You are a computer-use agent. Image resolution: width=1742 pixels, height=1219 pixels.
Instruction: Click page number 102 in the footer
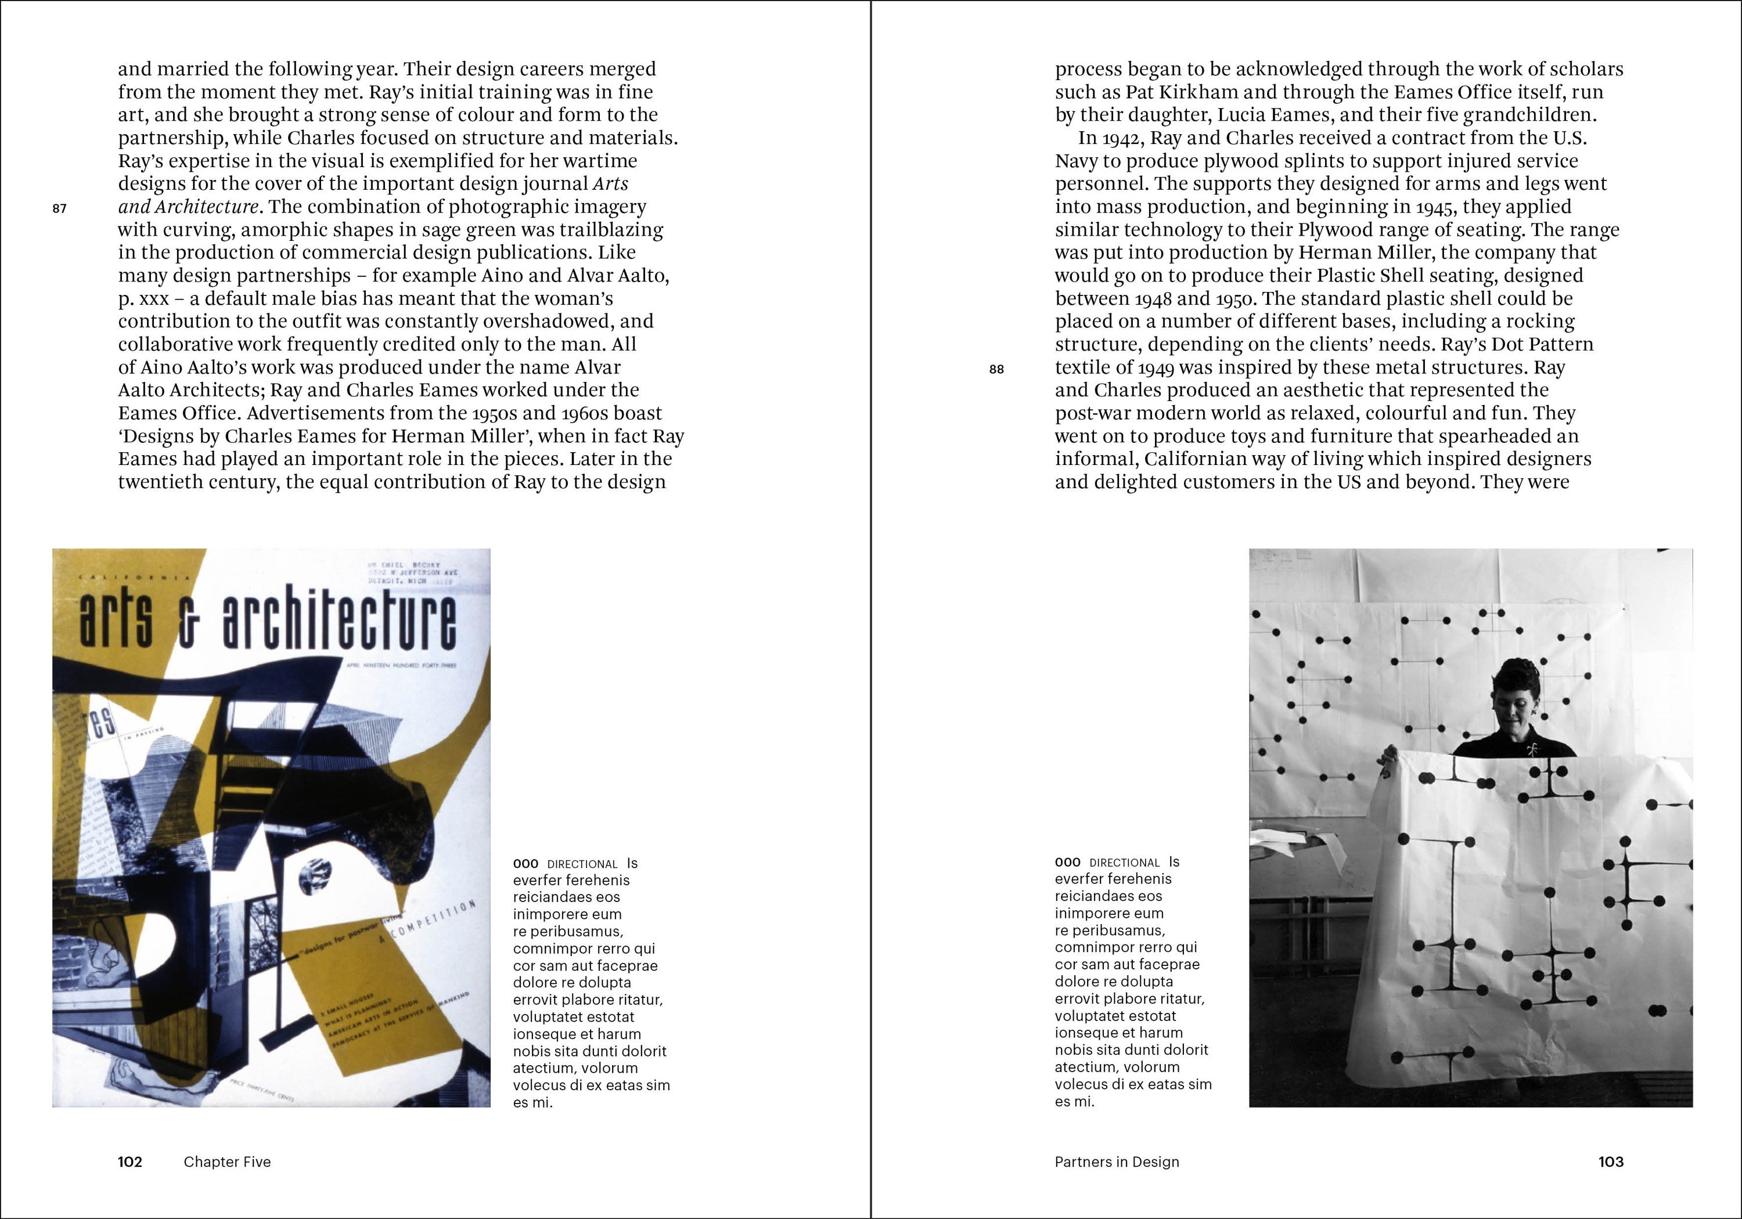point(129,1162)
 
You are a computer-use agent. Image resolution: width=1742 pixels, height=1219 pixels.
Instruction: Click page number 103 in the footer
point(1611,1162)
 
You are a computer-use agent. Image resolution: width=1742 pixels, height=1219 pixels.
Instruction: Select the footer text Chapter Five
point(227,1162)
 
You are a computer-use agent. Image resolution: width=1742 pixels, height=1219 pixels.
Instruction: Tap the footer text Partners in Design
point(1117,1162)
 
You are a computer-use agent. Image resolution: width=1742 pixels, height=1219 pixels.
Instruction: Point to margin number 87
point(60,208)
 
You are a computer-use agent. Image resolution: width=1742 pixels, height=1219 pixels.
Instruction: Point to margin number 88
point(996,369)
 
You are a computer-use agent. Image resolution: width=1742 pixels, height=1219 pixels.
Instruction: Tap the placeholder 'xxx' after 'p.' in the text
point(150,299)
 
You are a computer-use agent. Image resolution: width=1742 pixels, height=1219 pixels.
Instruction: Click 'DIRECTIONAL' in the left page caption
point(582,864)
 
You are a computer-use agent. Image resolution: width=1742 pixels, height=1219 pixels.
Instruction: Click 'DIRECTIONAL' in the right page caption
point(1124,863)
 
